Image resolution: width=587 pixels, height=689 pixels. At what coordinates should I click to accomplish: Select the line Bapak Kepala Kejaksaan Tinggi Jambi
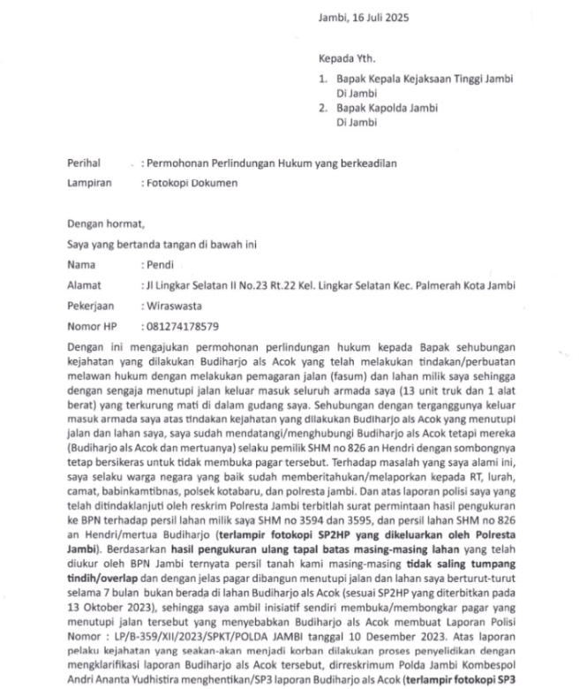[424, 79]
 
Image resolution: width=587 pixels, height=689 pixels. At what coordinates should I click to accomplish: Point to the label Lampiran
[89, 183]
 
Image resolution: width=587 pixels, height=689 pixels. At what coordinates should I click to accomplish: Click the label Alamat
[85, 284]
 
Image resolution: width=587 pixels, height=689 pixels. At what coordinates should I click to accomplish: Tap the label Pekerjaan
[91, 305]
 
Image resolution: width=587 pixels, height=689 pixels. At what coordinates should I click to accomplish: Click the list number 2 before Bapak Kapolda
[323, 108]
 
